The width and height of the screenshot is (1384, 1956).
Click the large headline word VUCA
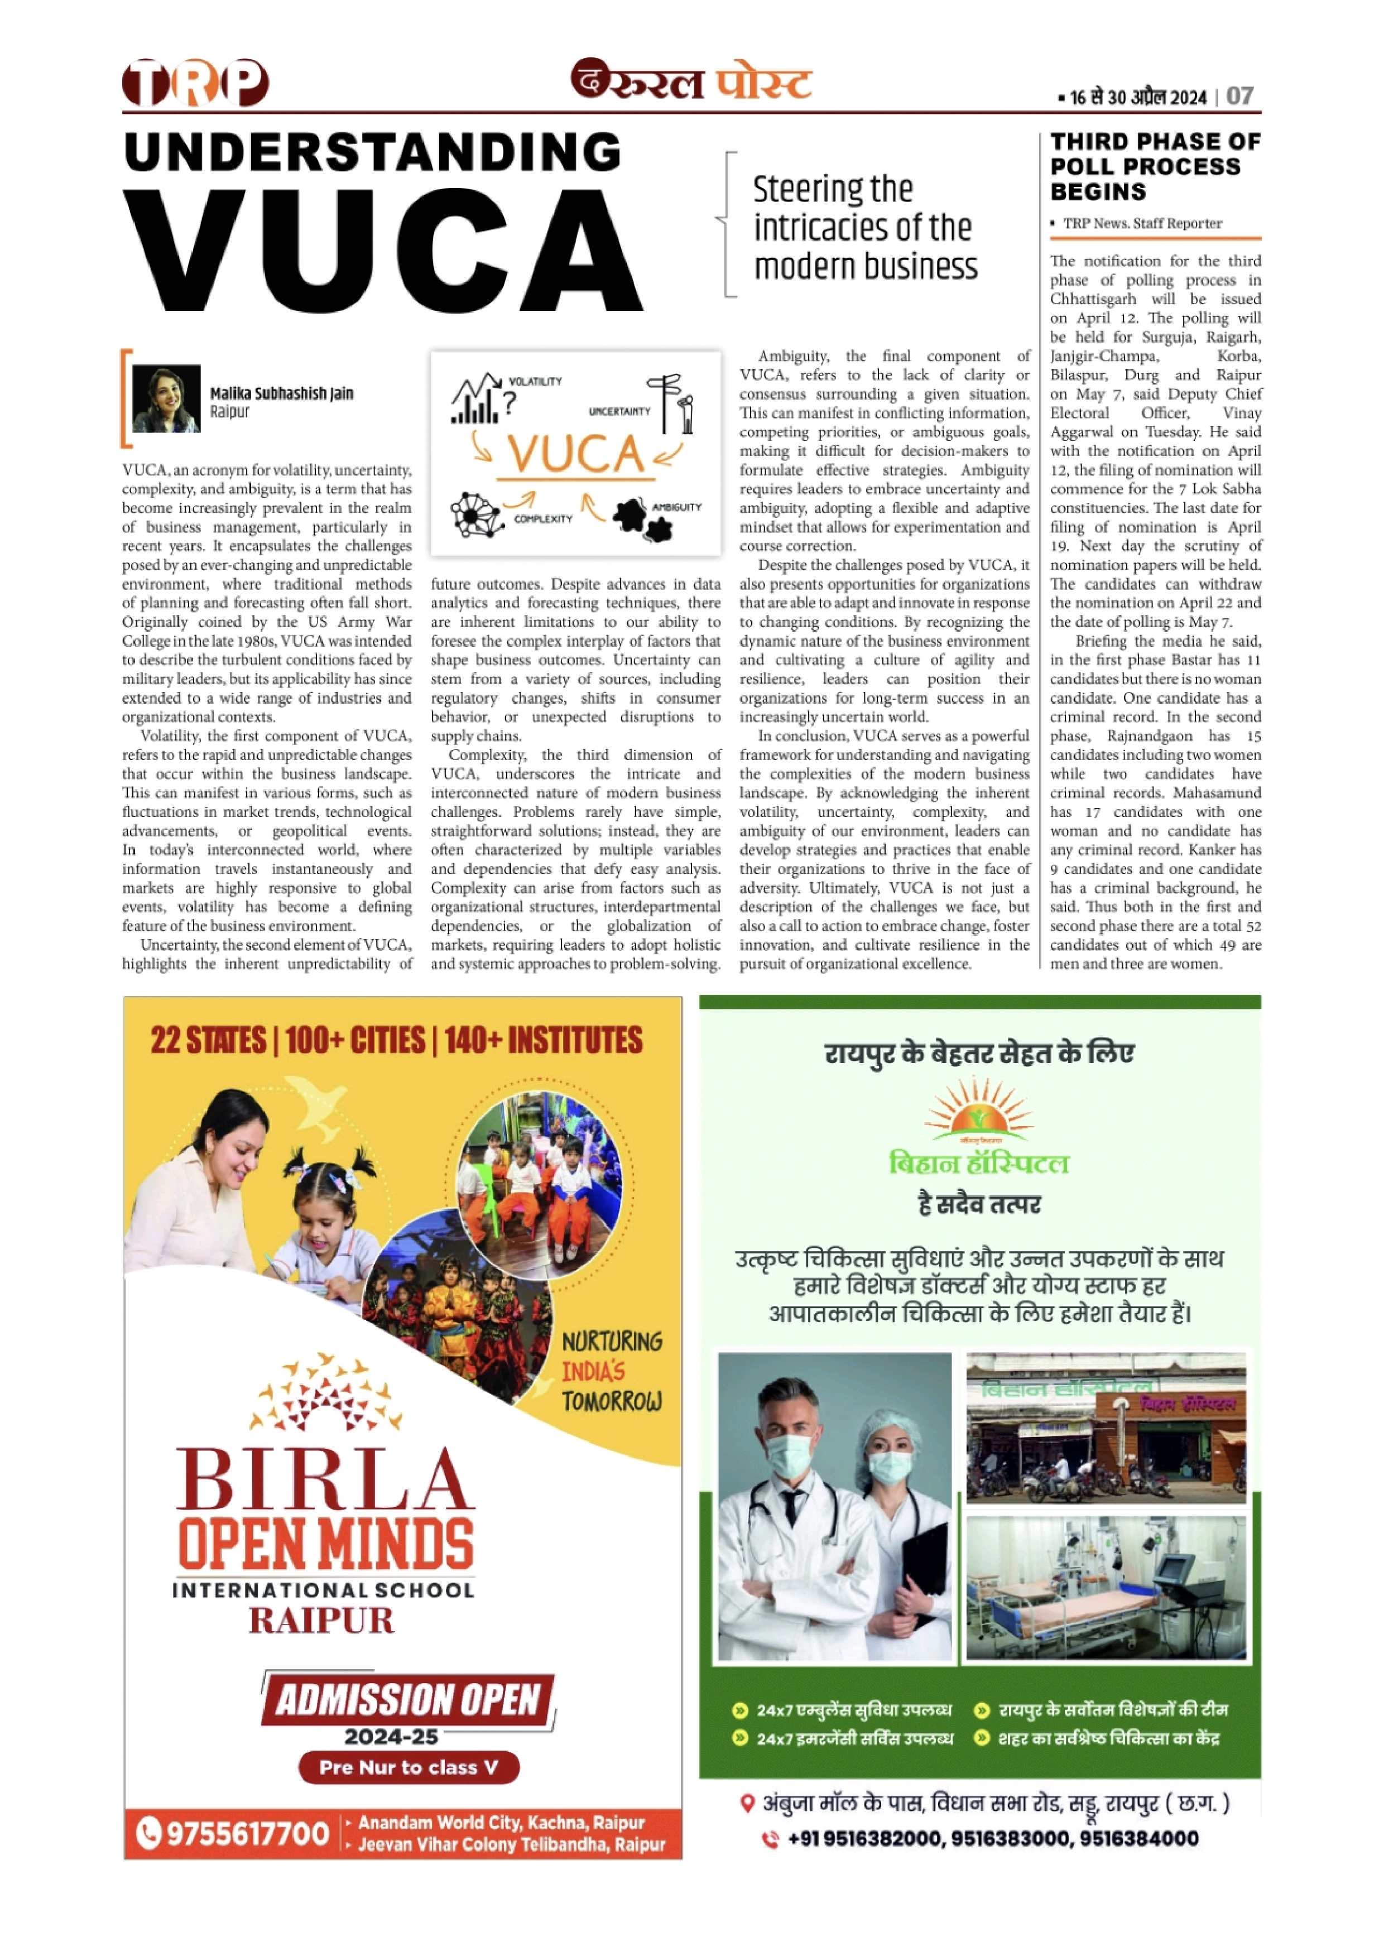[x=383, y=249]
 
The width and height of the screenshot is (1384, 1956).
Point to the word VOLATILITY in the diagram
[x=535, y=382]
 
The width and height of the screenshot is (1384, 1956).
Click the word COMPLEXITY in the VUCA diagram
[x=543, y=519]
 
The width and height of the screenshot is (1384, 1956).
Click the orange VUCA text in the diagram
[x=576, y=453]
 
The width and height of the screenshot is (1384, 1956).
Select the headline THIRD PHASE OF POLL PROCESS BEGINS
[x=1155, y=166]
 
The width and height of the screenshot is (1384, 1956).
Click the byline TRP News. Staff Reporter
[x=1142, y=223]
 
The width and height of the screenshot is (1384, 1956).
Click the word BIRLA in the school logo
[x=324, y=1481]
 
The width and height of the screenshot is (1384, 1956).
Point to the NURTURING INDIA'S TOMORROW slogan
[x=611, y=1371]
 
